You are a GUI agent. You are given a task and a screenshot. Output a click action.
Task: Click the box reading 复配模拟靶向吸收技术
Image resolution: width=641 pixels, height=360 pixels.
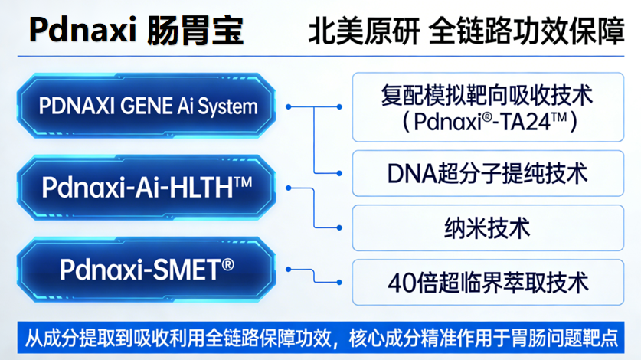pyautogui.click(x=487, y=106)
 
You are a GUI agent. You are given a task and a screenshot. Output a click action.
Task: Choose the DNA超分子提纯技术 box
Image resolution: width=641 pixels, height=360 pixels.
pyautogui.click(x=487, y=174)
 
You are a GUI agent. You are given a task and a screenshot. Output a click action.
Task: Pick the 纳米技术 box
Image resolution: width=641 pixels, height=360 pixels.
pyautogui.click(x=487, y=228)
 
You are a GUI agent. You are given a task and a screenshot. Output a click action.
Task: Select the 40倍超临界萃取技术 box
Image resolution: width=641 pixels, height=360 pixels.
pyautogui.click(x=487, y=283)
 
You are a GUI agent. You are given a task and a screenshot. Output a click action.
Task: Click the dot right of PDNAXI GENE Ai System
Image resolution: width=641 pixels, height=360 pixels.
pyautogui.click(x=289, y=106)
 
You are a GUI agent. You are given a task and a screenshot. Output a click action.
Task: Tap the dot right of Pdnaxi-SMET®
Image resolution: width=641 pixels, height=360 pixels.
pyautogui.click(x=289, y=268)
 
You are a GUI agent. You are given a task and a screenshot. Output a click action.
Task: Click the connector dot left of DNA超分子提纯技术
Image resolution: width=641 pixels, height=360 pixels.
pyautogui.click(x=339, y=174)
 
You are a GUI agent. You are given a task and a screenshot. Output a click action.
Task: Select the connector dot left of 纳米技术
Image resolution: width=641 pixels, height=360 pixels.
pyautogui.click(x=339, y=228)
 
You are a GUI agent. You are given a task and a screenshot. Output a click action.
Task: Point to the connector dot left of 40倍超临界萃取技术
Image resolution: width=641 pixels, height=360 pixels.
pyautogui.click(x=339, y=283)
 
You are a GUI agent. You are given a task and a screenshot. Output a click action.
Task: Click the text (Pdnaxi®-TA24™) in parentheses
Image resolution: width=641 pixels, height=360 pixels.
pyautogui.click(x=487, y=121)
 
